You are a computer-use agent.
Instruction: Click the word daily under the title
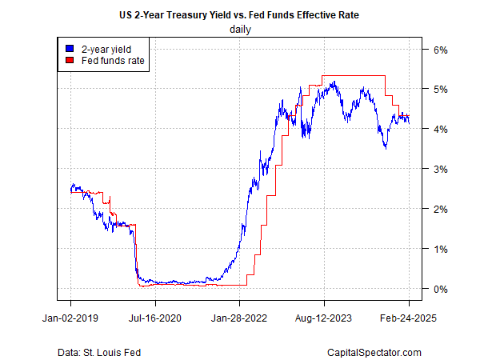tap(241, 30)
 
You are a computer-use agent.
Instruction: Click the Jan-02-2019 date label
tap(70, 317)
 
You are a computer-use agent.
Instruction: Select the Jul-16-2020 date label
tap(155, 317)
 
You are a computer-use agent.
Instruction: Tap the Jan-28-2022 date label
tap(240, 317)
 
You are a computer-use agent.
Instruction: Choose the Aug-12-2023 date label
tap(324, 317)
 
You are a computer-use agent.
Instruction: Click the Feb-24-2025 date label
tap(409, 317)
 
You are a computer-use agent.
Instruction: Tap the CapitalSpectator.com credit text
tap(374, 352)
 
